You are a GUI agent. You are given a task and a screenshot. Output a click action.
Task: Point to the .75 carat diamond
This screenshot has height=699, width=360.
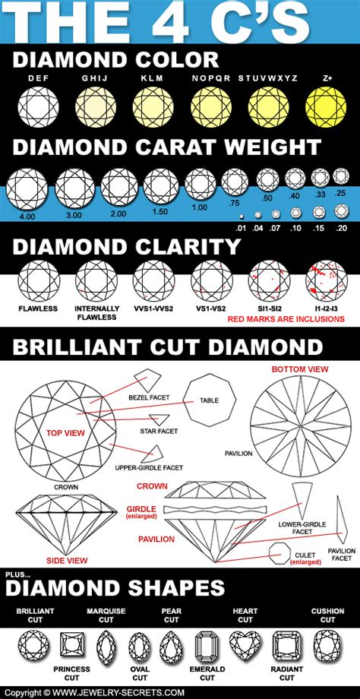[234, 182]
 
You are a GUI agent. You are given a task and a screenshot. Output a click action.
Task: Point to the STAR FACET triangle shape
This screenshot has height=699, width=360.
[159, 420]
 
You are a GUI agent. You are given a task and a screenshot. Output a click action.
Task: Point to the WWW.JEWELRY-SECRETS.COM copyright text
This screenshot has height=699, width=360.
[114, 692]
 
